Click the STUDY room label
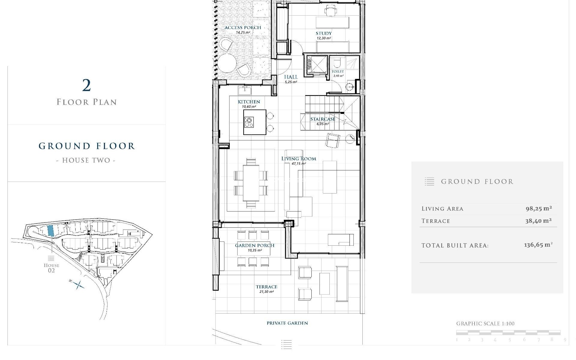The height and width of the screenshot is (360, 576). point(323,33)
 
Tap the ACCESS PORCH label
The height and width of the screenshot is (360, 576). point(243,28)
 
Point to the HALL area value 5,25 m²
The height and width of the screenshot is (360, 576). point(291,82)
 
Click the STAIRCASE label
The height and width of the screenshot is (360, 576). point(322,119)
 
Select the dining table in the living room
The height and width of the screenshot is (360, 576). point(251,183)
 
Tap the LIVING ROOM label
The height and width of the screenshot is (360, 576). point(298,159)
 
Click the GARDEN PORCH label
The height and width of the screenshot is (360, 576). point(254,245)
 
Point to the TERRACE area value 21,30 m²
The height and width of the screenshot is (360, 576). point(266,292)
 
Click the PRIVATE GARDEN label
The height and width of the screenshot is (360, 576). point(287,323)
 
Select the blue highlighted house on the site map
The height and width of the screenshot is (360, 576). point(51,230)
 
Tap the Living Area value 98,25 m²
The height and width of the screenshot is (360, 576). point(538,208)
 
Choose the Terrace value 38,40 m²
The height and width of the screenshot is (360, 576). point(538,221)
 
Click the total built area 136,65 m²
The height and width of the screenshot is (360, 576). point(538,245)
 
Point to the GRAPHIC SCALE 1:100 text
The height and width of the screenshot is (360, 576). point(485,324)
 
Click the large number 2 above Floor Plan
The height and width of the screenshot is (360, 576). point(86,85)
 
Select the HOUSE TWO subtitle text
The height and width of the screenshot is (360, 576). point(86,160)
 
